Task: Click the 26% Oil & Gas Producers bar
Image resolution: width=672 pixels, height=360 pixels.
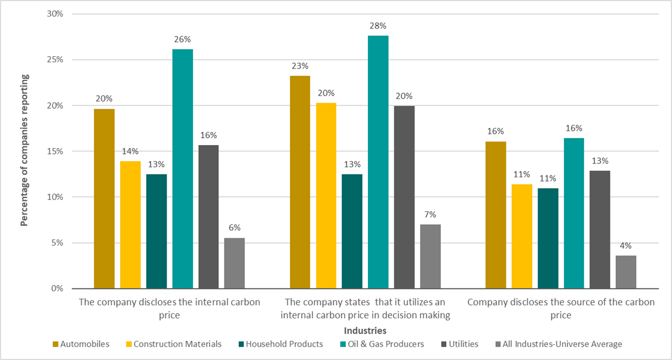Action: click(x=183, y=168)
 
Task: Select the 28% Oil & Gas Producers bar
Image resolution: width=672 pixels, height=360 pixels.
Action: click(x=378, y=162)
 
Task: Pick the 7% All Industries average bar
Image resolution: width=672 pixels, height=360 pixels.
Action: click(x=430, y=256)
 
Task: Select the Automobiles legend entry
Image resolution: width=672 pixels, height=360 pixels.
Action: click(x=81, y=344)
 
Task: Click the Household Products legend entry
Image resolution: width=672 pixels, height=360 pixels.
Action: click(x=281, y=344)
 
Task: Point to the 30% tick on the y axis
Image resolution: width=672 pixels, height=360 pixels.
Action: click(x=54, y=14)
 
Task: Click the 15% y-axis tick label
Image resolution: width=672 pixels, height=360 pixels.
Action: click(x=54, y=151)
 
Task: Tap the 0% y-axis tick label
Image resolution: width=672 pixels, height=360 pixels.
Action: click(x=57, y=288)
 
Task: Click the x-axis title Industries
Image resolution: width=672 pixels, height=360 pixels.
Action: click(x=365, y=330)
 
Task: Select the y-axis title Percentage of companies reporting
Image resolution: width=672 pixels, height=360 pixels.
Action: click(x=24, y=150)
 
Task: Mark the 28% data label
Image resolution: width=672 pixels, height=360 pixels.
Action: click(x=378, y=26)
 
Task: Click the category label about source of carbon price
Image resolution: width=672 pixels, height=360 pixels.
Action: click(x=560, y=308)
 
